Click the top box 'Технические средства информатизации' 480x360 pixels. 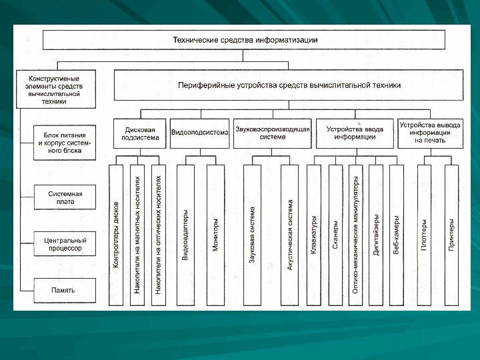244,40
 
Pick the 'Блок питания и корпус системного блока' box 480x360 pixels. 65,143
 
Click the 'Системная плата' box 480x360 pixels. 65,196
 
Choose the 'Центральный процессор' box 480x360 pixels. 65,243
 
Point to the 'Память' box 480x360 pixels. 65,290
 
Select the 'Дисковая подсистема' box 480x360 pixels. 140,133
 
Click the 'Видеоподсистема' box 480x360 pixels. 199,133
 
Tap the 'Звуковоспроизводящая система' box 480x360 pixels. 272,133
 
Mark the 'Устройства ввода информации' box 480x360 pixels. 355,133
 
